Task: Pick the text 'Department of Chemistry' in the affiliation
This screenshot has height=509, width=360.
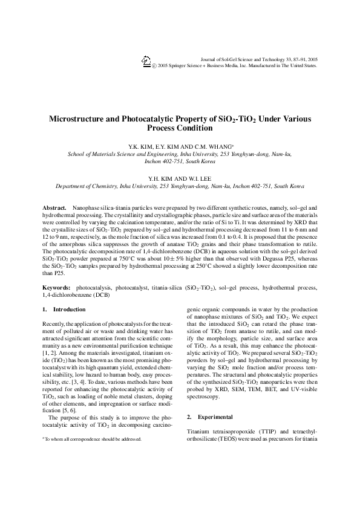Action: [86, 187]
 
